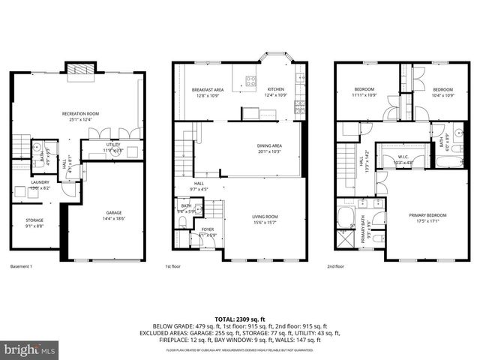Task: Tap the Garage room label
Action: pyautogui.click(x=112, y=214)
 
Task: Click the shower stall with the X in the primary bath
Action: pyautogui.click(x=346, y=241)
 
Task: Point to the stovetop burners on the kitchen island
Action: pyautogui.click(x=251, y=82)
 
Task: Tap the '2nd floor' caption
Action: pyautogui.click(x=335, y=266)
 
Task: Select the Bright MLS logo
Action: pyautogui.click(x=31, y=349)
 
